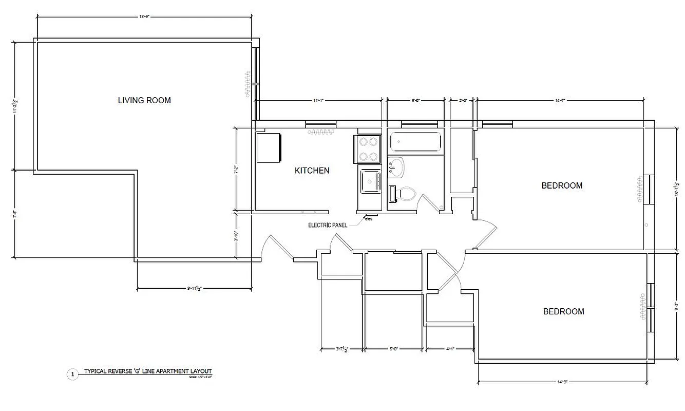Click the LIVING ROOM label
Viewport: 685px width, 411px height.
[x=144, y=100]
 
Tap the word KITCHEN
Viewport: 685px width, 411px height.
[x=312, y=171]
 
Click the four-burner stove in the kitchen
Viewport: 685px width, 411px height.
[x=368, y=149]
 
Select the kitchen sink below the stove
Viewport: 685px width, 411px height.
[x=370, y=181]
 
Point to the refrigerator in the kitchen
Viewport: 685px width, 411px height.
[x=269, y=147]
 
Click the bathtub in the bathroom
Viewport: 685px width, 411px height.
[x=415, y=142]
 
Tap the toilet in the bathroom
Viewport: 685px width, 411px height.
[x=404, y=195]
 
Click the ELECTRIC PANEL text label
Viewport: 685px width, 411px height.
[x=328, y=225]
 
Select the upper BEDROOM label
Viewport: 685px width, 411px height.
[x=562, y=185]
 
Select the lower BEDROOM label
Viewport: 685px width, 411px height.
[x=563, y=311]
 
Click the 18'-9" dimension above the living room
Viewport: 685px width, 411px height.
[x=144, y=17]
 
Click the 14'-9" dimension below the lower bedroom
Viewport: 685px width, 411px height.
[x=562, y=382]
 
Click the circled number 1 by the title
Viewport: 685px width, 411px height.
[x=72, y=375]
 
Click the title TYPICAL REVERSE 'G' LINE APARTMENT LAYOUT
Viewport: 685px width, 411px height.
[x=148, y=371]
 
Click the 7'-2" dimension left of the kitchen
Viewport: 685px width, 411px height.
[x=236, y=170]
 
